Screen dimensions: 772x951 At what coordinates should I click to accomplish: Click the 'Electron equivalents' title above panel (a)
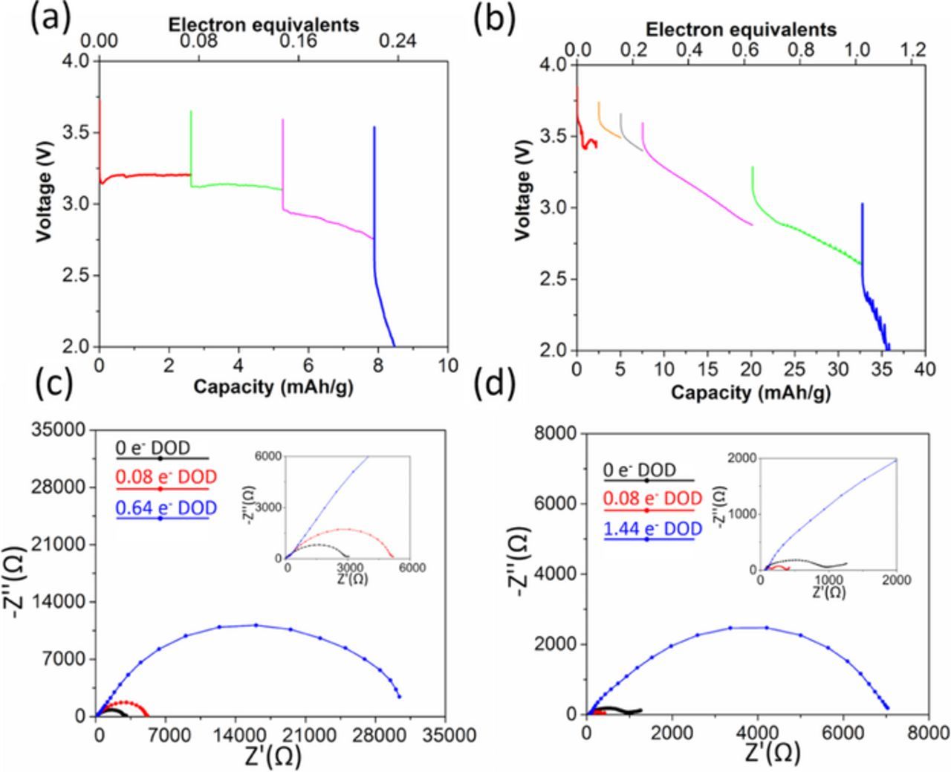coord(263,25)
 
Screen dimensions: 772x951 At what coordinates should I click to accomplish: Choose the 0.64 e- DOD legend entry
coord(163,508)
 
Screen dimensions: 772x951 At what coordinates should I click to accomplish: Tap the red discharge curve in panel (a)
coord(149,175)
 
